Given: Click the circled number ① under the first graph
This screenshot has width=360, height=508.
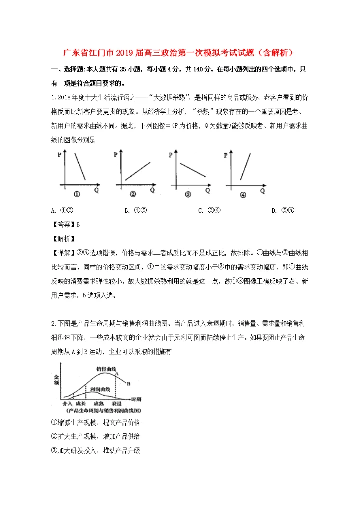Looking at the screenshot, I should tap(77, 194).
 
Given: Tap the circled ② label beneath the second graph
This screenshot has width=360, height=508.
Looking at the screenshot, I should tap(133, 194).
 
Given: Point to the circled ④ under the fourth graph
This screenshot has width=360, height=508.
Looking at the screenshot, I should tap(243, 195).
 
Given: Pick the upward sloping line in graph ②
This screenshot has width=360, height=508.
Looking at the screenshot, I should tap(137, 170).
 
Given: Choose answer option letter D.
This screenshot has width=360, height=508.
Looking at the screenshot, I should tap(274, 210).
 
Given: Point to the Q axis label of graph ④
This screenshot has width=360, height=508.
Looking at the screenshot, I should tap(262, 190).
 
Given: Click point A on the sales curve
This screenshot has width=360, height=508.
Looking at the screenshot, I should tap(116, 373).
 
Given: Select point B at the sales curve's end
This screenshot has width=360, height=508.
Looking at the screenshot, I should tap(128, 384).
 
